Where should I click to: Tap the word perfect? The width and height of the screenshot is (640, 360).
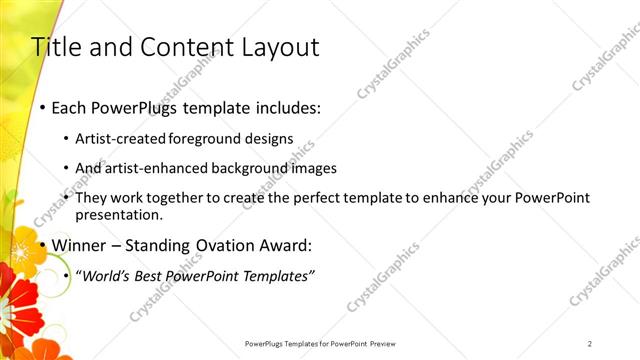[314, 198]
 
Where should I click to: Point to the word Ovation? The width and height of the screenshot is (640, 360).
[216, 245]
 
